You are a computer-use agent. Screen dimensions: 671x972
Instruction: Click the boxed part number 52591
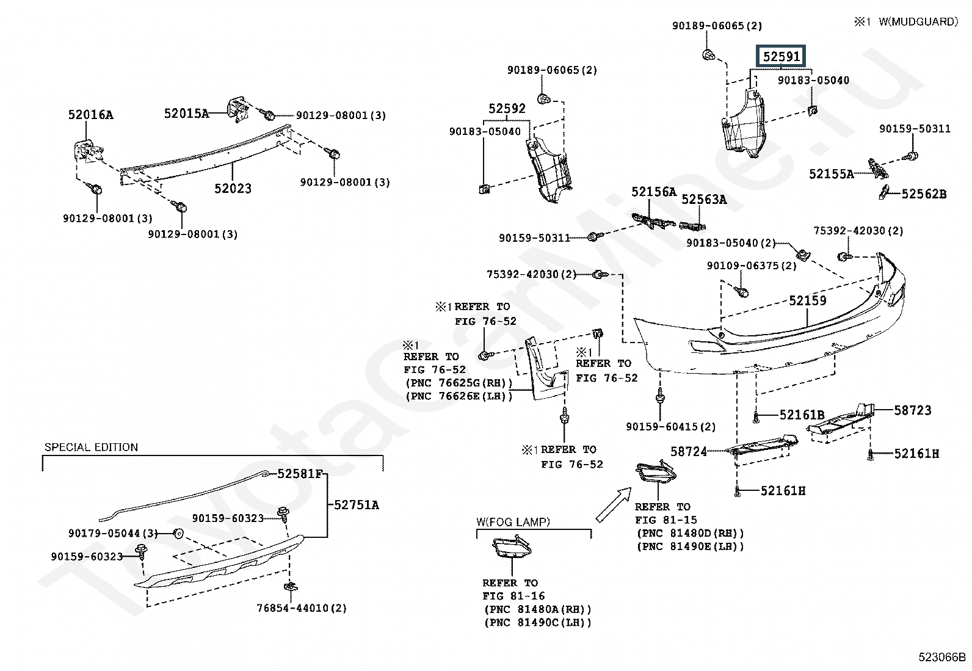(782, 57)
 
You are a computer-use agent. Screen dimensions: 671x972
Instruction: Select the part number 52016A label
(90, 115)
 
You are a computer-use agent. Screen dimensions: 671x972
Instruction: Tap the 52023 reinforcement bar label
(233, 189)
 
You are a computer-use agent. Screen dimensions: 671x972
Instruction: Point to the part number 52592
(507, 109)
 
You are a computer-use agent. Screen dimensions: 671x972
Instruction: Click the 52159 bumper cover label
(807, 300)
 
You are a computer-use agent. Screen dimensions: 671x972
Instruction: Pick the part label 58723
(913, 410)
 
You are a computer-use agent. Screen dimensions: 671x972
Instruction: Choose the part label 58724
(689, 452)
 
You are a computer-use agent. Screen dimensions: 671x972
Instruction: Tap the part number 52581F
(299, 474)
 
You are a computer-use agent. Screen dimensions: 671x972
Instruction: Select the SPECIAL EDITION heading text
(91, 448)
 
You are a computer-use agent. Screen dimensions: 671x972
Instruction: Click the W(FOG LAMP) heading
(513, 522)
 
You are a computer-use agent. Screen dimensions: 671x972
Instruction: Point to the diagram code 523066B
(943, 658)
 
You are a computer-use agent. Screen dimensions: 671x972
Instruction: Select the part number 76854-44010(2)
(302, 608)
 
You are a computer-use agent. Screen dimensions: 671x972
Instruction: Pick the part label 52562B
(924, 194)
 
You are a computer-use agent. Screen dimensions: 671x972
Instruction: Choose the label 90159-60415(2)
(670, 427)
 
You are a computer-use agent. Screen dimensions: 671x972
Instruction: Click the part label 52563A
(704, 199)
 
